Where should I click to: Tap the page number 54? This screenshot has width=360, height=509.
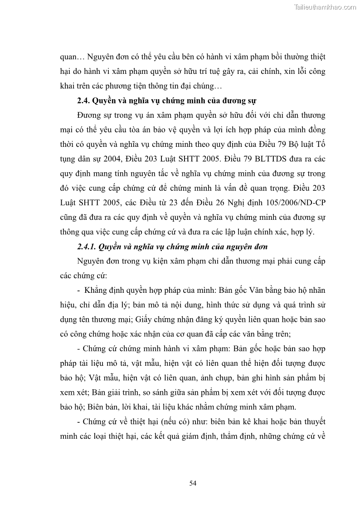tap(193, 483)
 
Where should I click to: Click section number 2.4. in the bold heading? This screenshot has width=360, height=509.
tap(84, 101)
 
